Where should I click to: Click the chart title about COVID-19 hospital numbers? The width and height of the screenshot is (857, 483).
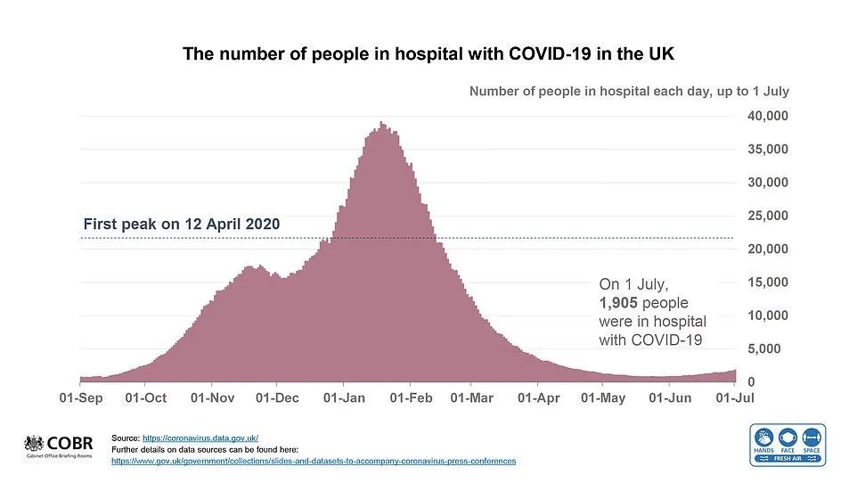click(x=428, y=53)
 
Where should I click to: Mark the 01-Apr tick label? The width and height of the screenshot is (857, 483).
click(x=539, y=397)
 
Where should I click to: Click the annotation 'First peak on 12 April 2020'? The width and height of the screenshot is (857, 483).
click(x=182, y=225)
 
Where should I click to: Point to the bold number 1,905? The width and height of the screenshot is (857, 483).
click(x=619, y=303)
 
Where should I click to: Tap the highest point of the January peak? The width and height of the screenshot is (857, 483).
click(x=381, y=123)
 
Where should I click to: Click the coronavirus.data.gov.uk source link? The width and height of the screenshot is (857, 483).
click(x=201, y=438)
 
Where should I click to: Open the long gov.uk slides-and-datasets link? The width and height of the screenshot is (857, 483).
click(x=314, y=461)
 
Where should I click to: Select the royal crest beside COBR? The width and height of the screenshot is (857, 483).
click(x=34, y=444)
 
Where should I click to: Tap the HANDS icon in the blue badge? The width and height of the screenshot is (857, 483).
click(x=764, y=438)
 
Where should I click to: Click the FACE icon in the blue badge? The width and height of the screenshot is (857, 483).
click(x=788, y=438)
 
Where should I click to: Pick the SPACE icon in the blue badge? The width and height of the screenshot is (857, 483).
click(x=812, y=438)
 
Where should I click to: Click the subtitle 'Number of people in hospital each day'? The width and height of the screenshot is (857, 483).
click(x=629, y=91)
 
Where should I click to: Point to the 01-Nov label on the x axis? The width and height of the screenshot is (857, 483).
click(x=212, y=397)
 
